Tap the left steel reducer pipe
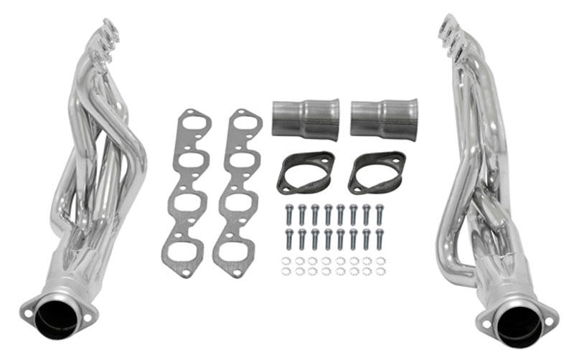(x=305, y=118)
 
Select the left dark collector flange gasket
(x=305, y=172)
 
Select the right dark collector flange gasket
(x=376, y=172)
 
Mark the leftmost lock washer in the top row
(x=286, y=260)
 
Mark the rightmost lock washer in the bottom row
(x=381, y=271)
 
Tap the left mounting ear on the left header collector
(x=28, y=313)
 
